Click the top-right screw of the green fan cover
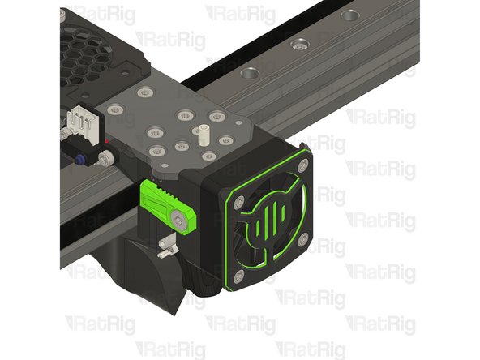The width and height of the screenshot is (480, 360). pyautogui.click(x=302, y=165)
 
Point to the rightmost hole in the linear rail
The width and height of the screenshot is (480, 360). pyautogui.click(x=349, y=15)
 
